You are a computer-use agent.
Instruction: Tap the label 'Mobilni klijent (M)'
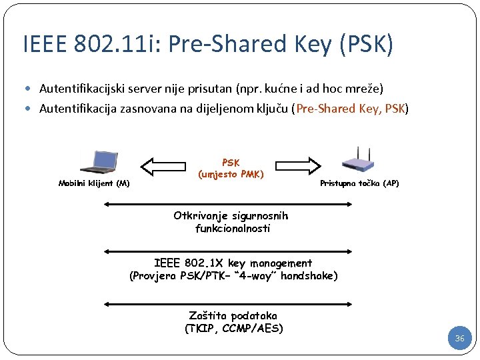(94, 183)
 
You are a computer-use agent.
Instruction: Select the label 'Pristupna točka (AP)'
(359, 183)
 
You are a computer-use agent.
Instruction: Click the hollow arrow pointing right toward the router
(299, 164)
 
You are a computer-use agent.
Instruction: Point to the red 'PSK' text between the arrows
(231, 163)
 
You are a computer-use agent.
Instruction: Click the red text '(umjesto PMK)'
(231, 175)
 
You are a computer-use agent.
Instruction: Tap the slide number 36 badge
(459, 339)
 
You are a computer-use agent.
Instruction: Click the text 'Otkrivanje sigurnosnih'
(231, 216)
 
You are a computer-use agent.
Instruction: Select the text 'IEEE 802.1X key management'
(233, 263)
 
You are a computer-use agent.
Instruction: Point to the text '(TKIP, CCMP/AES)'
(233, 328)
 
